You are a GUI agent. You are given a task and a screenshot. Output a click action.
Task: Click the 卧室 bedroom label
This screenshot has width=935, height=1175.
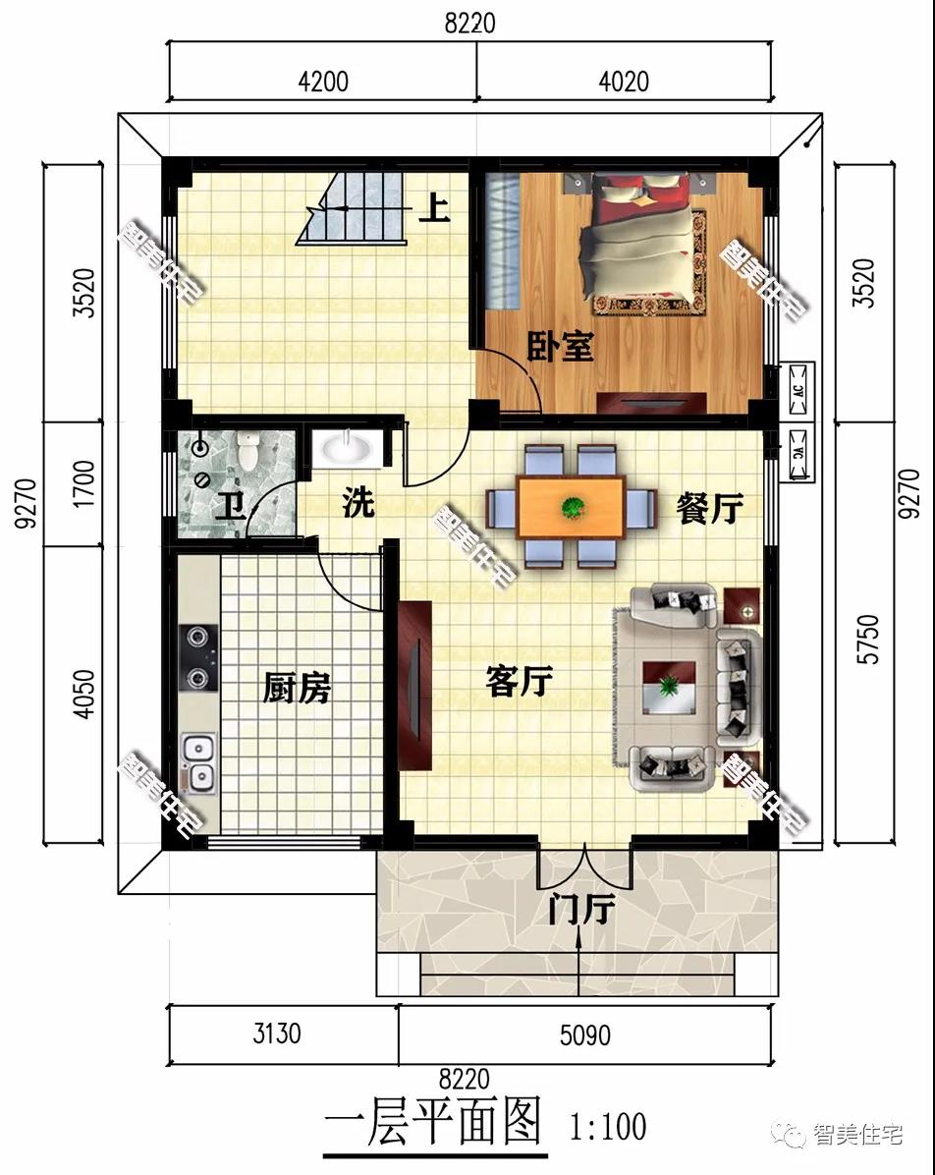(560, 346)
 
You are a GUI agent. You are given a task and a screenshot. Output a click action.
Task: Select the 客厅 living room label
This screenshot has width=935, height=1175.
(520, 681)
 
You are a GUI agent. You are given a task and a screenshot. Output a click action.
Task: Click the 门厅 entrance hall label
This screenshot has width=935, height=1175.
(581, 909)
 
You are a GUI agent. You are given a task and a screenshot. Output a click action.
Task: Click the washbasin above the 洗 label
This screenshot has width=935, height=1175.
(346, 448)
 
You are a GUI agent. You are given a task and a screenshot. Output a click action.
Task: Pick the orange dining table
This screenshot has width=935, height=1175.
(572, 507)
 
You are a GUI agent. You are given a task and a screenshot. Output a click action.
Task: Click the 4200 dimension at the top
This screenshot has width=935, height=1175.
(323, 81)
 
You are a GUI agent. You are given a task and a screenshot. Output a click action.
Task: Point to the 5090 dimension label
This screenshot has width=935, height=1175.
(585, 1035)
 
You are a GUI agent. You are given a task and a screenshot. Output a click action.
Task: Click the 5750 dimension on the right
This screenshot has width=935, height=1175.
(867, 640)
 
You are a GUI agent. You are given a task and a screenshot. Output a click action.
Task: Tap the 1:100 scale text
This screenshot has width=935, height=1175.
(608, 1126)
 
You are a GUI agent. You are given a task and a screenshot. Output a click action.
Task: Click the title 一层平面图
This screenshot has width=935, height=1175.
(433, 1123)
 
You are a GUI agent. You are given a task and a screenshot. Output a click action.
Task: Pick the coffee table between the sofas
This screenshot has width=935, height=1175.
(669, 687)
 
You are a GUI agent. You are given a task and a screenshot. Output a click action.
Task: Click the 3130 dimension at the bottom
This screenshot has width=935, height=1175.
(277, 1035)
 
